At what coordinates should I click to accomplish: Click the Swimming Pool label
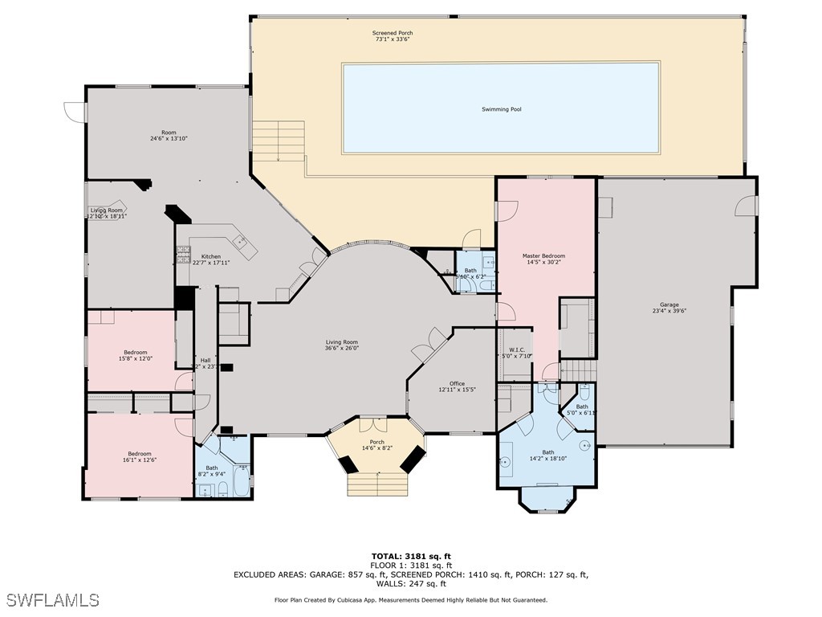[x=501, y=109]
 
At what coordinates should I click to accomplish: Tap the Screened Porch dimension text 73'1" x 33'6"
[x=393, y=39]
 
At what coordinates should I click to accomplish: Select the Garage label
[x=669, y=305]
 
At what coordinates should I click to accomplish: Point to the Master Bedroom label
[x=543, y=256]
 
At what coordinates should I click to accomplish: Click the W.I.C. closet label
[x=516, y=349]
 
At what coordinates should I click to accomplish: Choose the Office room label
[x=457, y=384]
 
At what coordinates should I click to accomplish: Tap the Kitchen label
[x=210, y=256]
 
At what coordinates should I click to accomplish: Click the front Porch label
[x=376, y=443]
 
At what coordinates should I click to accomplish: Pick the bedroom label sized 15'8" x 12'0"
[x=135, y=353]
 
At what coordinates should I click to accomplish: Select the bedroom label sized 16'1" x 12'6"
[x=138, y=454]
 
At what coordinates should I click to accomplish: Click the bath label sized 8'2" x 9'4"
[x=211, y=468]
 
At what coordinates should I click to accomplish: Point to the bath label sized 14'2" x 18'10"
[x=547, y=452]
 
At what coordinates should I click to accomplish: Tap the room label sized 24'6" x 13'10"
[x=169, y=133]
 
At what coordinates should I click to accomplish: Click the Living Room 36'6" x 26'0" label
[x=341, y=342]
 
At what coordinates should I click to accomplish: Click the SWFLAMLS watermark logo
[x=52, y=600]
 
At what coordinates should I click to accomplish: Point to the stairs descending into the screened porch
[x=279, y=141]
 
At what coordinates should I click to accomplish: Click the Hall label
[x=205, y=360]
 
